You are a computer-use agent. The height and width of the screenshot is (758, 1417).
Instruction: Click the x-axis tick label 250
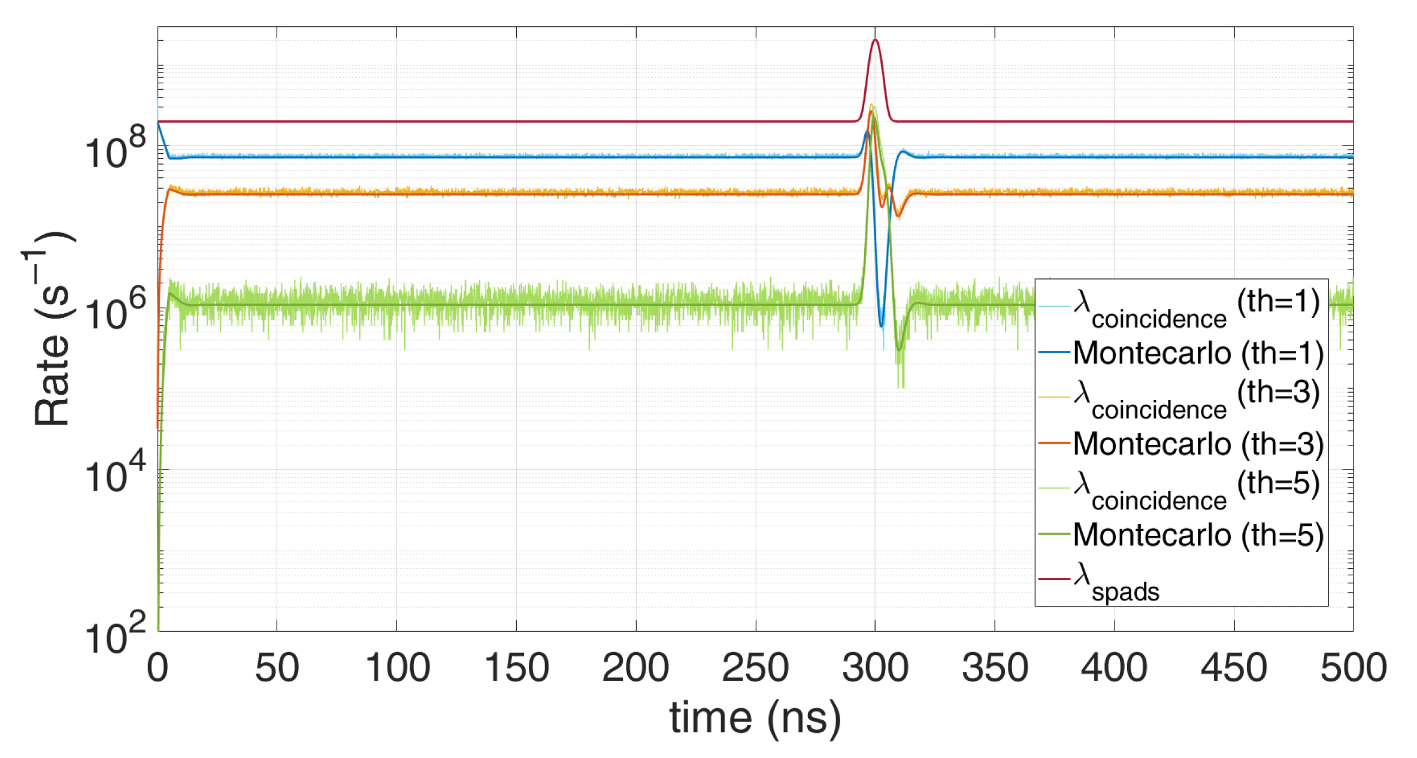[755, 668]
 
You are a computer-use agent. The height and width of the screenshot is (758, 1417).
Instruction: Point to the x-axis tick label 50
[277, 668]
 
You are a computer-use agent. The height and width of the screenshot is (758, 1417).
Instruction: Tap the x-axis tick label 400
[1114, 668]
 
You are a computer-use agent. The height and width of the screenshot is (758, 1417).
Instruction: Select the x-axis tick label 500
[1354, 668]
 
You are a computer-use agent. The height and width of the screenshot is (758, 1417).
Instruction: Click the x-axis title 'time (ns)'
[755, 718]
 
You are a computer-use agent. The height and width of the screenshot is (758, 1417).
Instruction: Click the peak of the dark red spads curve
[875, 40]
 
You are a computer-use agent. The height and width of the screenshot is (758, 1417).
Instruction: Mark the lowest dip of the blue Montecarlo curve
[882, 326]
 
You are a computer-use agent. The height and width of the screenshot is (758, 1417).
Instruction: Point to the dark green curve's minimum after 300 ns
[898, 349]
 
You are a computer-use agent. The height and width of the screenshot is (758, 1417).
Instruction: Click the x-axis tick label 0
[158, 668]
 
